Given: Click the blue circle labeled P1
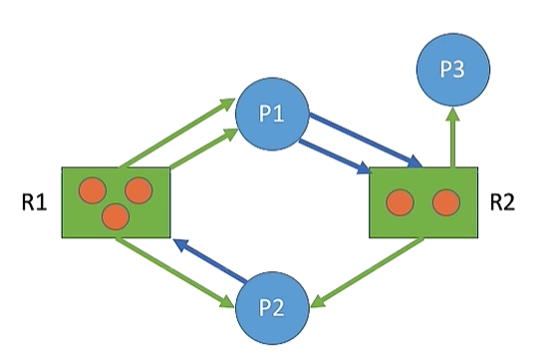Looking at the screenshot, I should click(272, 113).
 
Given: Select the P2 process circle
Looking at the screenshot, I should click(272, 306).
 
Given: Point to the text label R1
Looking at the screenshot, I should click(34, 202).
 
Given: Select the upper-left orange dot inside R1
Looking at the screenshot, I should click(93, 188).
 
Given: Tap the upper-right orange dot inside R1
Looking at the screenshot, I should click(138, 188).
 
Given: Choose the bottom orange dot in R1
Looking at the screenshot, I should click(116, 214).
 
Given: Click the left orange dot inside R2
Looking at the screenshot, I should click(400, 202).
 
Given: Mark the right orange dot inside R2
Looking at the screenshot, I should click(444, 202).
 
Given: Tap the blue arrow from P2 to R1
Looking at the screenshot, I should click(210, 259).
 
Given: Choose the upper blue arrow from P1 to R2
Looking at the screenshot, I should click(365, 137).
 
